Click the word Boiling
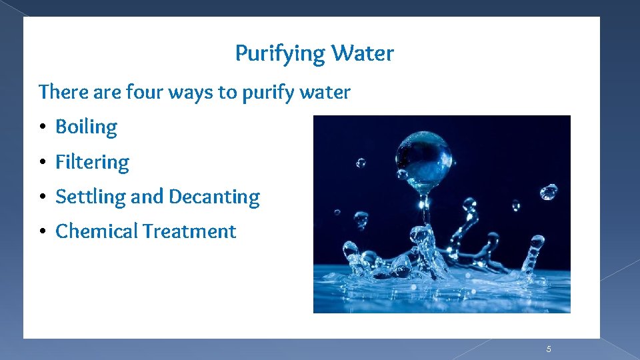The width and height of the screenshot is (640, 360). pos(86,127)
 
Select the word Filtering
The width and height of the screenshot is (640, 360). pos(92,162)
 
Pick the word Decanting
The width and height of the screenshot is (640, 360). pos(214,197)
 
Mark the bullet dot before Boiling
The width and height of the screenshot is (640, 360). pos(41,127)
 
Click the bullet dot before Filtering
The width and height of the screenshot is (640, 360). pos(41,162)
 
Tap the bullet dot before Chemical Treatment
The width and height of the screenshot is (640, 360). pos(41,231)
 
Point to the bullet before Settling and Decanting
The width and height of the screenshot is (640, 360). pos(41,197)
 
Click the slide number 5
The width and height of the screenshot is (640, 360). pos(549,349)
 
